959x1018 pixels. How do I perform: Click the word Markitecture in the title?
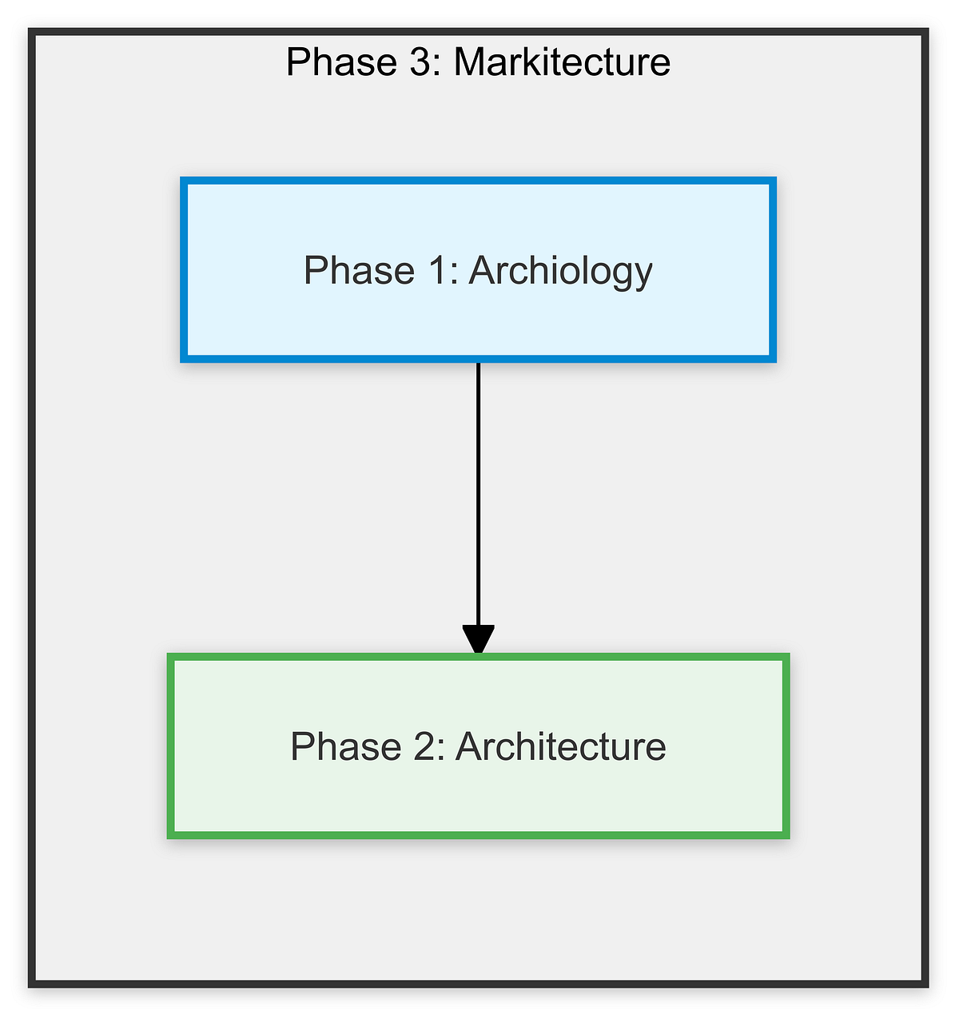click(x=562, y=62)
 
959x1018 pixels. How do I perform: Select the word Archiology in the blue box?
click(x=560, y=272)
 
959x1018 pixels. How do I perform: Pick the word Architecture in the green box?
click(x=560, y=747)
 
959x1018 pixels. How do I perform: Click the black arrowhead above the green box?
click(x=478, y=641)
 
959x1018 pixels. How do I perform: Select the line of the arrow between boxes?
click(x=478, y=495)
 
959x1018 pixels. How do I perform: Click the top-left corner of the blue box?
click(x=184, y=181)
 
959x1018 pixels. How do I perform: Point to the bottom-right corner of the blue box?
click(x=773, y=359)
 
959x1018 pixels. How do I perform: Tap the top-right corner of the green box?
click(x=786, y=658)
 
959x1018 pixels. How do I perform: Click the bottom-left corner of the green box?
click(x=171, y=835)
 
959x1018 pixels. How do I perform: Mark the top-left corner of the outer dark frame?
click(x=31, y=33)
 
